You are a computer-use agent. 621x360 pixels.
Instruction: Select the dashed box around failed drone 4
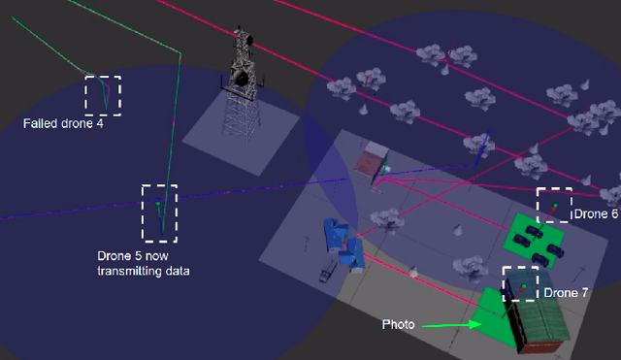103,94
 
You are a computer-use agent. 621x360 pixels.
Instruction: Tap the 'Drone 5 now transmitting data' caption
143,263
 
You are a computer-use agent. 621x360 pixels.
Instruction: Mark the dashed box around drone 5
160,213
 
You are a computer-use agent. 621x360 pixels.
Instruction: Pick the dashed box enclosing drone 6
554,205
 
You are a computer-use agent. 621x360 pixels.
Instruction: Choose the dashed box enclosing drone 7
520,283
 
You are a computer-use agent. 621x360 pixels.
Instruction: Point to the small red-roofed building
371,160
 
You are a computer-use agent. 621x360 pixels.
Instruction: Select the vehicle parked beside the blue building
323,275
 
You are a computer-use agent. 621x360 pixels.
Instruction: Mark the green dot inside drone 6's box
554,207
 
